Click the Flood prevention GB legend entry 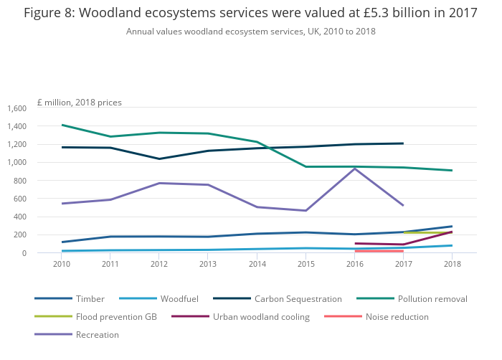tap(118, 317)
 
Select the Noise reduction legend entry tap(397, 317)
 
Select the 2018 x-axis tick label tap(452, 264)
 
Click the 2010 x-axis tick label tap(62, 264)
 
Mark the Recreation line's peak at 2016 tap(355, 169)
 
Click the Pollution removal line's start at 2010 tap(62, 125)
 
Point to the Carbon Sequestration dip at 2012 tap(159, 158)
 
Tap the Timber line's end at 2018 tap(452, 226)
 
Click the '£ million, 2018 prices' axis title tap(80, 103)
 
